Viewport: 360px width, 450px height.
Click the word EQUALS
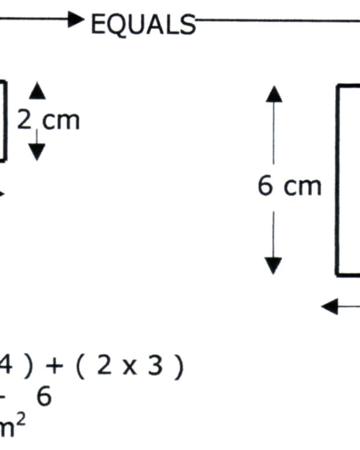click(143, 24)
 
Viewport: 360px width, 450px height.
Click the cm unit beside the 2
click(62, 121)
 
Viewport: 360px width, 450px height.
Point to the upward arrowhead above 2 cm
click(37, 91)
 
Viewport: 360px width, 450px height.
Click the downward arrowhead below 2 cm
click(37, 152)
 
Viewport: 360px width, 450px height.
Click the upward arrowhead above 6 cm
click(274, 93)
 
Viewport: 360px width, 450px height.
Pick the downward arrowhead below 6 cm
click(273, 265)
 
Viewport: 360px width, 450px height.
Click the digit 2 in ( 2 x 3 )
click(105, 367)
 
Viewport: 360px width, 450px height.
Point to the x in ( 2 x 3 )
click(131, 368)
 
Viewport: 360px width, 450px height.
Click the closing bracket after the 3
click(179, 368)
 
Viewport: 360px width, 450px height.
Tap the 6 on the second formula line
click(44, 397)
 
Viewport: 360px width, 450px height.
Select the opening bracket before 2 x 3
click(81, 368)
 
